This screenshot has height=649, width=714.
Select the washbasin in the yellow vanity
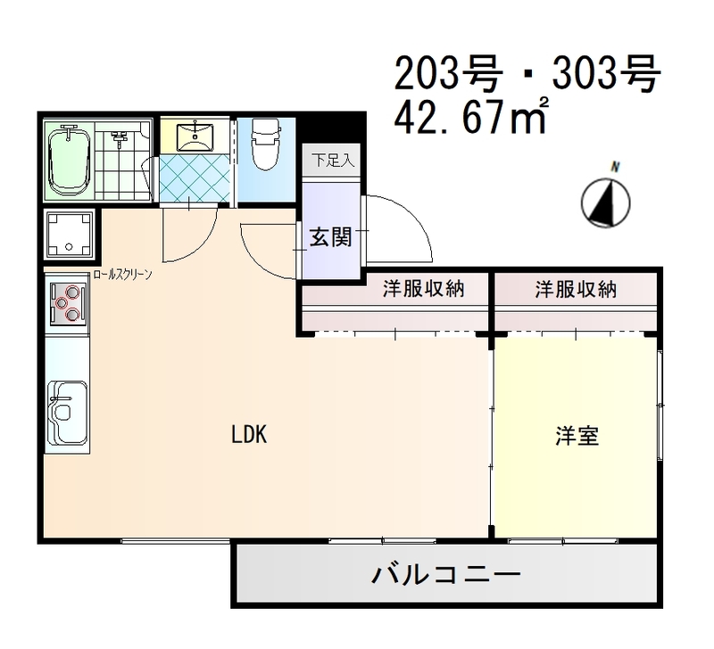pyautogui.click(x=194, y=136)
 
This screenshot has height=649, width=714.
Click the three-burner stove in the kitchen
pyautogui.click(x=67, y=302)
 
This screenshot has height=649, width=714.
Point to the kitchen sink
pyautogui.click(x=66, y=412)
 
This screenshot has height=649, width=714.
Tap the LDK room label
pyautogui.click(x=249, y=435)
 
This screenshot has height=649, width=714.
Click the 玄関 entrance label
pyautogui.click(x=330, y=237)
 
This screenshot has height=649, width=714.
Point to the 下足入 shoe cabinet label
pyautogui.click(x=332, y=161)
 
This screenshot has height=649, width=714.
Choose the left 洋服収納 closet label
pyautogui.click(x=423, y=289)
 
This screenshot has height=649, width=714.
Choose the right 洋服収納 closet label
pyautogui.click(x=576, y=289)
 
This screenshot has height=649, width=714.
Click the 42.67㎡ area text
pyautogui.click(x=471, y=119)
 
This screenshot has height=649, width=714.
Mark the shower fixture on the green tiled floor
pyautogui.click(x=120, y=138)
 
